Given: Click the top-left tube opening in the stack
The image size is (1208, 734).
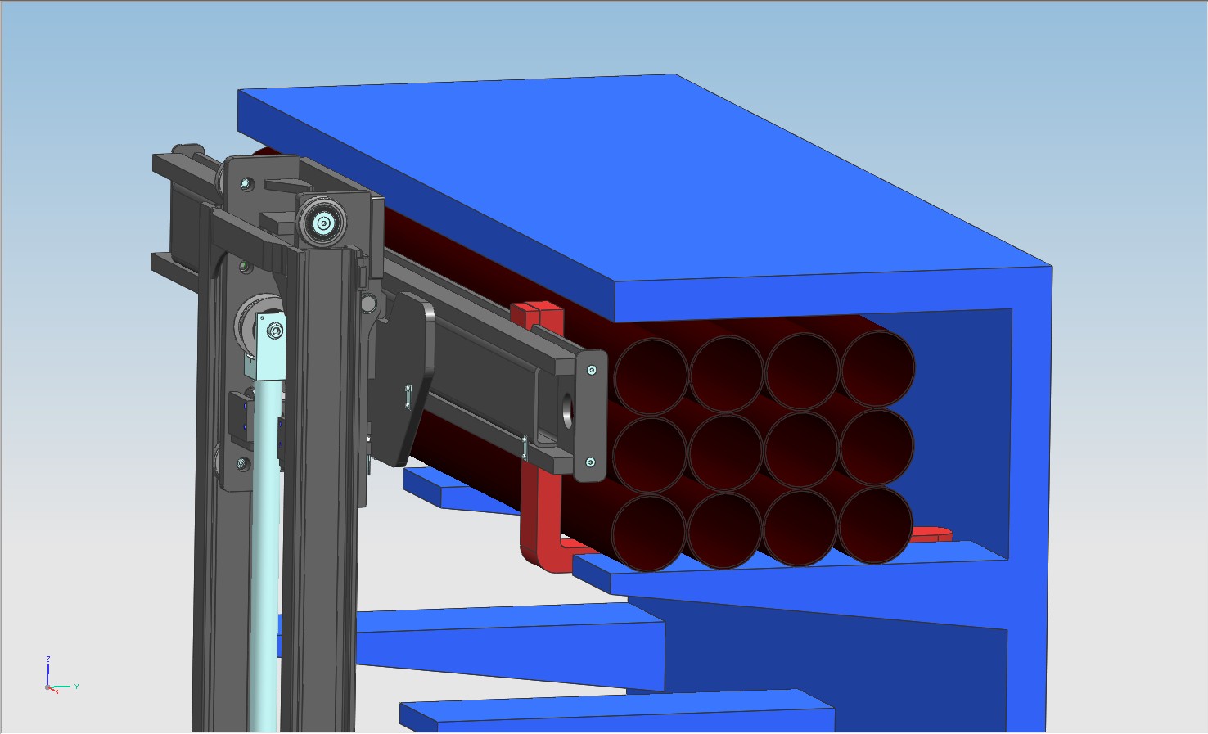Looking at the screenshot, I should [651, 376].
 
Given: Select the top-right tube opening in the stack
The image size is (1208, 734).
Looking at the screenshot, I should [877, 367].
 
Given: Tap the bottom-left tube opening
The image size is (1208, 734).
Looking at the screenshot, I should [649, 533].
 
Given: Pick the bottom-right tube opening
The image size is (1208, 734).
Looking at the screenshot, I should [874, 525].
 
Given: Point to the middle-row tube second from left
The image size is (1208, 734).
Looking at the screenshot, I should [726, 452].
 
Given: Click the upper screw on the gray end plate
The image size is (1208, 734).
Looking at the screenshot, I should [592, 370].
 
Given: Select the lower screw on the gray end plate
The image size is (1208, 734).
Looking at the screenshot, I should [590, 463].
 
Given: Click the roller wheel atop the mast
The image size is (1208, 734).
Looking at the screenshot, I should [323, 223].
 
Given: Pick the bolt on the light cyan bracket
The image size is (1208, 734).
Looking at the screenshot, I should [276, 331].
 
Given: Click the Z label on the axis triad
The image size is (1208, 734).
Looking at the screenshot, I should [48, 659].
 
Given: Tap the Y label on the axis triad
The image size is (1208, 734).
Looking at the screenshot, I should [76, 687].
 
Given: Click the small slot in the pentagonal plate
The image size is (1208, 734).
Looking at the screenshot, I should [408, 396].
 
